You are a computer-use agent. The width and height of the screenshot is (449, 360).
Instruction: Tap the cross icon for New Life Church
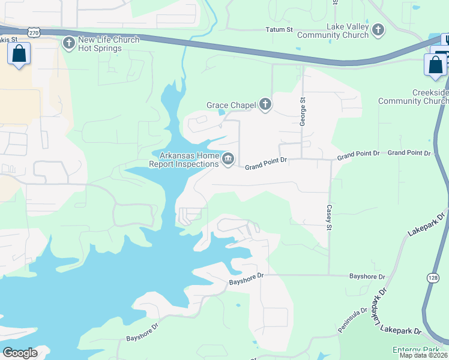pyautogui.click(x=68, y=43)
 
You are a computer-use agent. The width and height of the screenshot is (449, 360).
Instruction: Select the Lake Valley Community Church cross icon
pyautogui.click(x=378, y=29)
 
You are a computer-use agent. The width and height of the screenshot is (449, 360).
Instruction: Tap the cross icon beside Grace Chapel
pyautogui.click(x=265, y=106)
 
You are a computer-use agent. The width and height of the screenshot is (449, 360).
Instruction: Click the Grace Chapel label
pyautogui.click(x=231, y=106)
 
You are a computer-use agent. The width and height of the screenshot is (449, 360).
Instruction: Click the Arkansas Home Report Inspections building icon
pyautogui.click(x=228, y=159)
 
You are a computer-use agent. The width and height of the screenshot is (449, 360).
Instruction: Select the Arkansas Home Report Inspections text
pyautogui.click(x=188, y=160)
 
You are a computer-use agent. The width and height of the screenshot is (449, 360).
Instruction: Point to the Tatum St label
pyautogui.click(x=279, y=29)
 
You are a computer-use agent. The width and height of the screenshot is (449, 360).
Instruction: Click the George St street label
pyautogui.click(x=303, y=111)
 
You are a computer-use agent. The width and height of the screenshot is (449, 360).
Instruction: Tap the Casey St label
pyautogui.click(x=329, y=217)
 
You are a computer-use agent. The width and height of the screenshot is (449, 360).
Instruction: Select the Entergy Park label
pyautogui.click(x=417, y=350)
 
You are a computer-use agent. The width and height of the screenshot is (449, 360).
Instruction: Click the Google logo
pyautogui.click(x=20, y=353)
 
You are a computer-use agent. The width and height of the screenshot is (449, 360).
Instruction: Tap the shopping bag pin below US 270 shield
pyautogui.click(x=19, y=54)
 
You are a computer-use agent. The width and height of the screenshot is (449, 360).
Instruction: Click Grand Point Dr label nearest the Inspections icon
pyautogui.click(x=267, y=161)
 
